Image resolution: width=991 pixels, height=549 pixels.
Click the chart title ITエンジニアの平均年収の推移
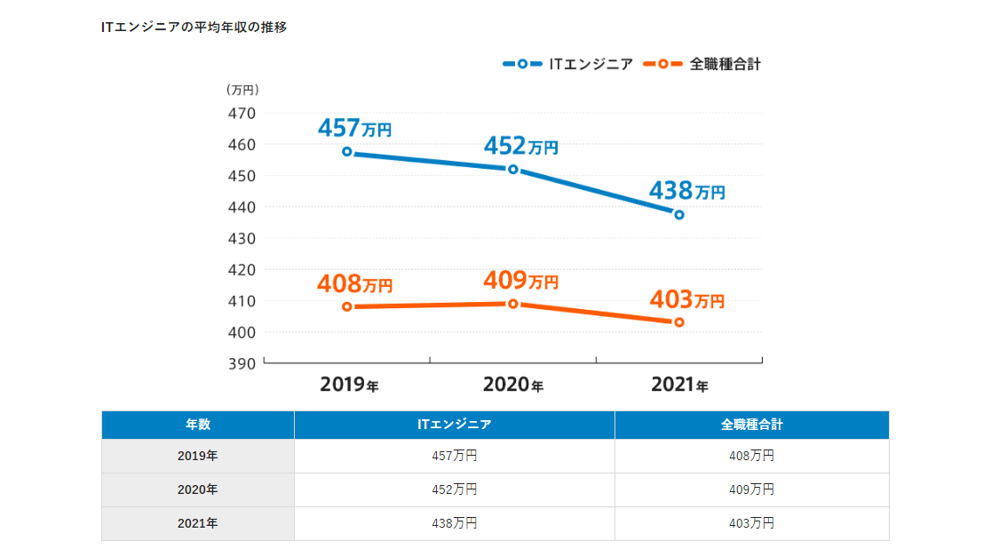(194, 27)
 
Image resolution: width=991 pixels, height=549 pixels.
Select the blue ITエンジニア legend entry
(568, 64)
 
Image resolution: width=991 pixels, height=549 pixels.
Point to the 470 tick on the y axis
(244, 113)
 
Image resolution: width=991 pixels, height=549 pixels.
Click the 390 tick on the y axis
(244, 363)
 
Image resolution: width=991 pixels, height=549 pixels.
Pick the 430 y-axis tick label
(244, 238)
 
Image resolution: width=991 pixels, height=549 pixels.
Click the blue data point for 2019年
(347, 152)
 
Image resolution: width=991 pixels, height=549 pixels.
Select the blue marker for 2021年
(679, 214)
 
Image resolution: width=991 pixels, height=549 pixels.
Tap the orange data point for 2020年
(513, 304)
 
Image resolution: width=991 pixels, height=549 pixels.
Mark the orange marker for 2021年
(679, 322)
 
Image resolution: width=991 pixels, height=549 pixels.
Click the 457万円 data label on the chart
(354, 129)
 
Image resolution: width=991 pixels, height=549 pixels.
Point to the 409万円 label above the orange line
(520, 281)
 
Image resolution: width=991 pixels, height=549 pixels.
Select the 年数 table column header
(197, 425)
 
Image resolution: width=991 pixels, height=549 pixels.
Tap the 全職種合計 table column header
(751, 425)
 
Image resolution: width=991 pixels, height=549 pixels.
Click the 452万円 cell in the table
(454, 489)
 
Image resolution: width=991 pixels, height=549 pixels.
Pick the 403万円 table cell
(751, 523)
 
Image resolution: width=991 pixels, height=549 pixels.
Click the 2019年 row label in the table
(197, 456)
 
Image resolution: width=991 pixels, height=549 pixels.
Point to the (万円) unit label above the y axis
(242, 89)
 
